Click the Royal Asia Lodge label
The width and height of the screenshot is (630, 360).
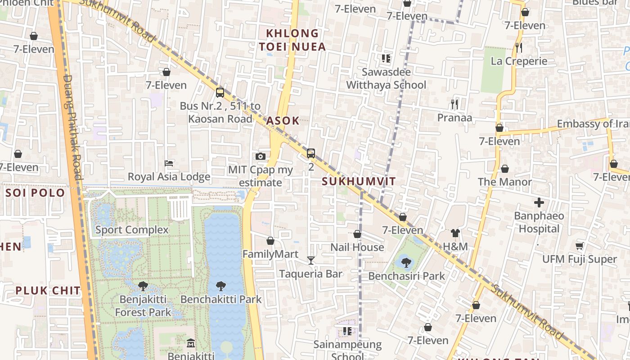[169, 177]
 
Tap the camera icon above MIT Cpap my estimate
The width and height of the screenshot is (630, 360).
[260, 157]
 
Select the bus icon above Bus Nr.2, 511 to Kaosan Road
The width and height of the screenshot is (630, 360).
[220, 93]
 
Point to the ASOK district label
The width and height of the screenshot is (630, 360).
[283, 121]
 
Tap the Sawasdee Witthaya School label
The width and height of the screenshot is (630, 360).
[386, 78]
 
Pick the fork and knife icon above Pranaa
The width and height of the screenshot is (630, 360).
[454, 104]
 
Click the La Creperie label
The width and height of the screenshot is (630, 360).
[519, 61]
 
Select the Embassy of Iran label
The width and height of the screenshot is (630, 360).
[593, 124]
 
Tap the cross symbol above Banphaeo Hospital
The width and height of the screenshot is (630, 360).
[539, 202]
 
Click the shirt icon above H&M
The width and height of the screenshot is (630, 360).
[455, 233]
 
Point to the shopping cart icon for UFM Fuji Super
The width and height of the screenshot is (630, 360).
[579, 246]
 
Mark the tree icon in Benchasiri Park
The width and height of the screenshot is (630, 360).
[406, 262]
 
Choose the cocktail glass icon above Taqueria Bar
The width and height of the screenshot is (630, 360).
[310, 260]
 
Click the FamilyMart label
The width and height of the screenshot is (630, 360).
[270, 254]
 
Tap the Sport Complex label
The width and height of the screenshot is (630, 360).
[132, 230]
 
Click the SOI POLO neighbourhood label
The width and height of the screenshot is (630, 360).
[35, 193]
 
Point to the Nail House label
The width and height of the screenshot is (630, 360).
[357, 247]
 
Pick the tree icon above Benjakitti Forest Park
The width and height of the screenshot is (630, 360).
[143, 286]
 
